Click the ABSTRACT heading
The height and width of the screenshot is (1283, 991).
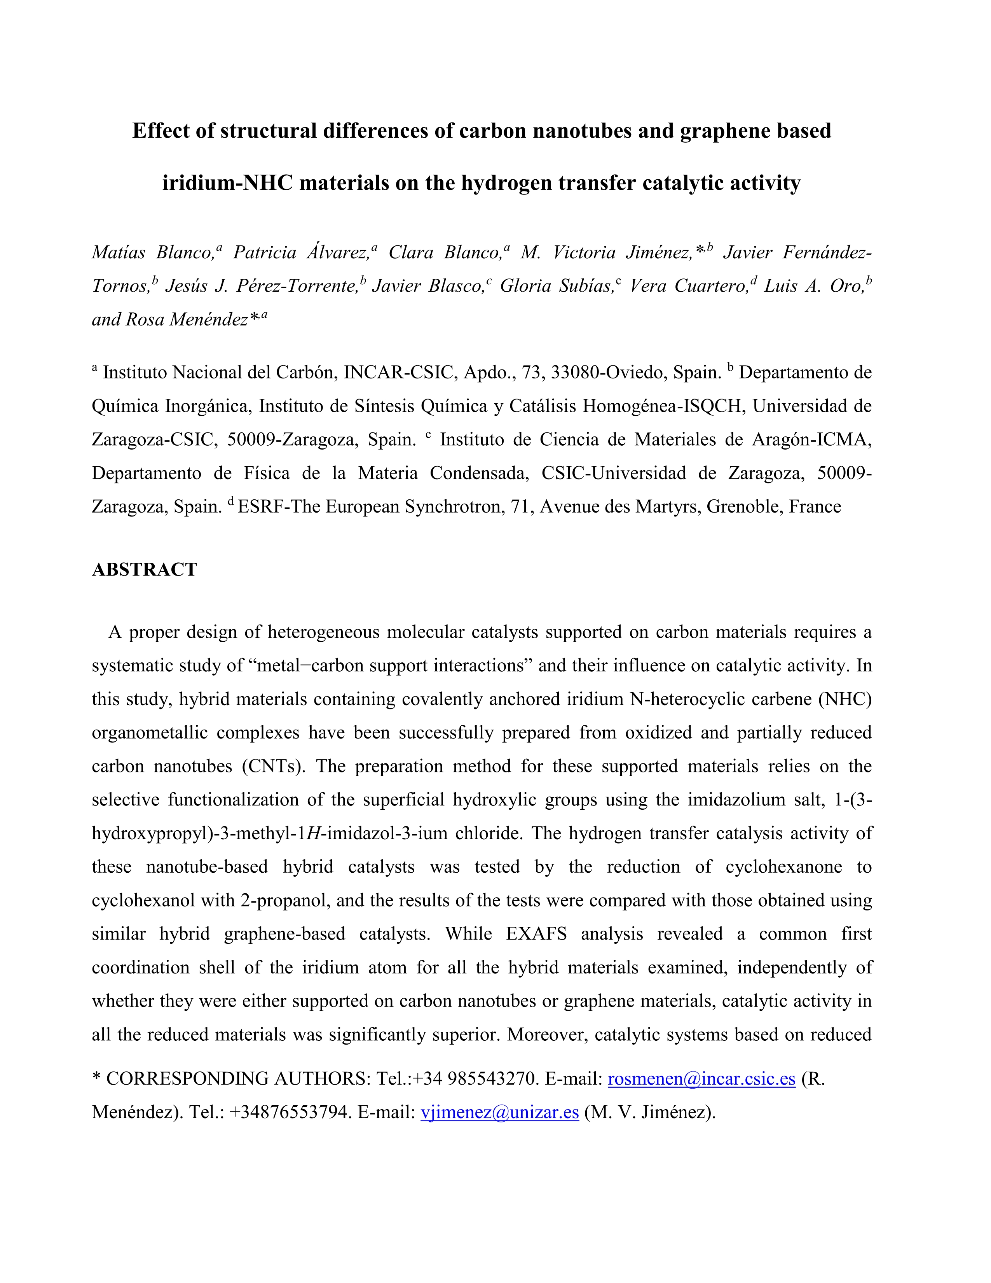pyautogui.click(x=145, y=570)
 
